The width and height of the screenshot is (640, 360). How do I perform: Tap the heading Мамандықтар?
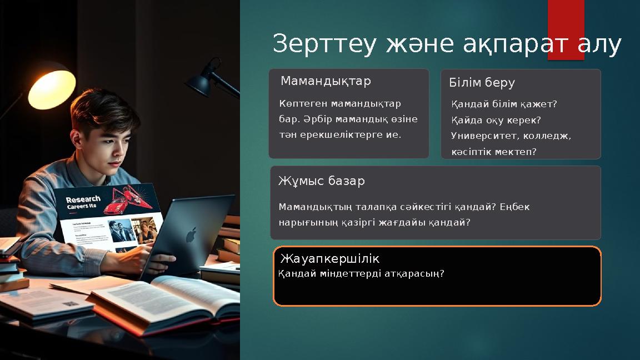326,81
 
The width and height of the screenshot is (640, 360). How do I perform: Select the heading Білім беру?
482,83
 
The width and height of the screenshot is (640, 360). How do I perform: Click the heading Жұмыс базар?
321,181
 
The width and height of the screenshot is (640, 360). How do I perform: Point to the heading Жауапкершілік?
329,259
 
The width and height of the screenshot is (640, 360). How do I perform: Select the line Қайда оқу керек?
496,120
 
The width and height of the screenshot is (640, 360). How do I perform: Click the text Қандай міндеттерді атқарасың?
361,274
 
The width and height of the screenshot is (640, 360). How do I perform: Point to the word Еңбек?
514,207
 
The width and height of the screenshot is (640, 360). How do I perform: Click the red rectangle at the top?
566,22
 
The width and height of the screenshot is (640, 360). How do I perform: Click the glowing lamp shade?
51,88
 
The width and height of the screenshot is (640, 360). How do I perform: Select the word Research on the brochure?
83,199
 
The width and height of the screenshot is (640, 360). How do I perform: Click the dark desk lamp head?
200,82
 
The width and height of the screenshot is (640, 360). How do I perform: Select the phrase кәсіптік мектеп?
494,151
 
